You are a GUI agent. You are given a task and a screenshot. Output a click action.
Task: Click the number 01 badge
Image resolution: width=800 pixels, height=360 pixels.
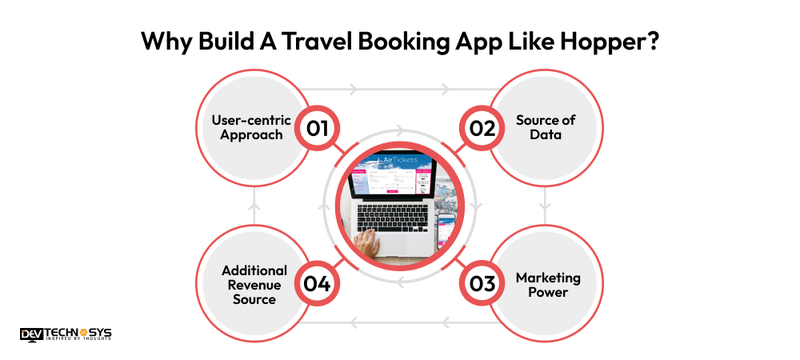point(317,129)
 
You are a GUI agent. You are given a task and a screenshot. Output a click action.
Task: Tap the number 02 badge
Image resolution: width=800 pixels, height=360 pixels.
point(482,129)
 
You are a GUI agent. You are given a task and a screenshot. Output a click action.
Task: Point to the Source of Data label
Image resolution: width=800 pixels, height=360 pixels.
point(546,128)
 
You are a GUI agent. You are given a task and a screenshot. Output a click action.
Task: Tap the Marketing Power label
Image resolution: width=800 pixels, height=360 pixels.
point(547,285)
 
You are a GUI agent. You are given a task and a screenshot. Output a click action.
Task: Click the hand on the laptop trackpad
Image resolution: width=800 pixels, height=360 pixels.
point(370,243)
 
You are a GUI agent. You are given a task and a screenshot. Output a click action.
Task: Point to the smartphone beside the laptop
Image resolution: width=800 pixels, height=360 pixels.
point(446,230)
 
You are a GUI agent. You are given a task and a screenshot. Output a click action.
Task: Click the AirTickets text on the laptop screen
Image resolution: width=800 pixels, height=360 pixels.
point(397,162)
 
